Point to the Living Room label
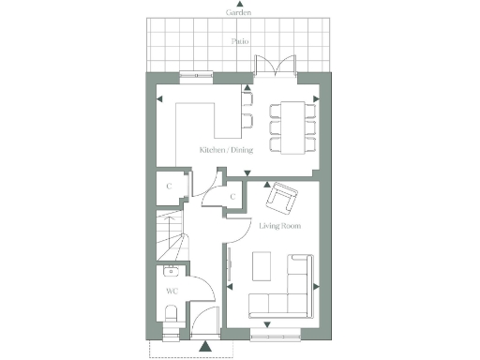(x=278, y=226)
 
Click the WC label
(x=172, y=292)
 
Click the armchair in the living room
(x=281, y=200)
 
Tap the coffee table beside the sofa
(x=263, y=265)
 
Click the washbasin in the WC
(x=171, y=273)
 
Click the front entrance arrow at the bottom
(x=205, y=346)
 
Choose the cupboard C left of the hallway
(x=169, y=186)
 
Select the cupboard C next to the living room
(x=232, y=197)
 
